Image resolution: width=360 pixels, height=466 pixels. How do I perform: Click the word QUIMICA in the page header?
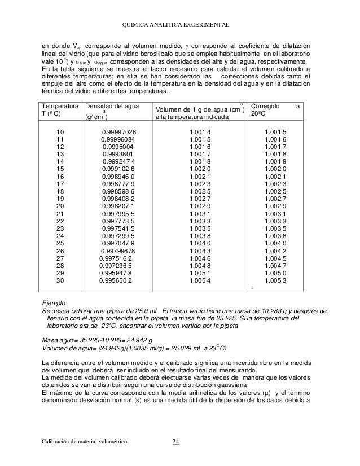click(134, 24)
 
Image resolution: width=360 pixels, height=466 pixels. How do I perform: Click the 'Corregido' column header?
click(267, 106)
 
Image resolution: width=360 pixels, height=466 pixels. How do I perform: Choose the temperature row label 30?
click(60, 280)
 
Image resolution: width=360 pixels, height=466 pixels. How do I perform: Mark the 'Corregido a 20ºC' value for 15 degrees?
click(275, 169)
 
